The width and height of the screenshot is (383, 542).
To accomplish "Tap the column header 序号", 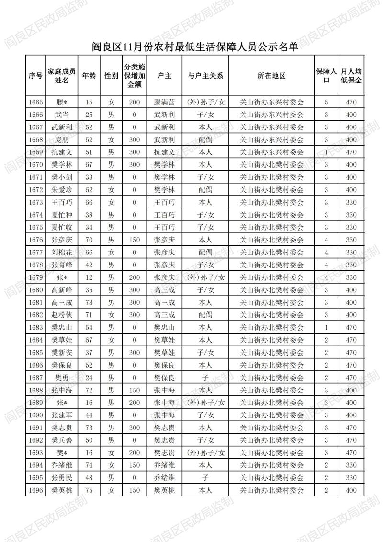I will [x=35, y=76].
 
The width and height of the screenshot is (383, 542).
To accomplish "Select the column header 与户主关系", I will [x=205, y=76].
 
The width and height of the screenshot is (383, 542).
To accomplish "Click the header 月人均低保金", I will [x=351, y=76].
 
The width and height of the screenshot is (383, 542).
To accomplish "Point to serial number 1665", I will [x=35, y=102].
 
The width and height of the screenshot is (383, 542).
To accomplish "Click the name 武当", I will [x=62, y=115].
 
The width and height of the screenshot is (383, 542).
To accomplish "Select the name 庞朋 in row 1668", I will [x=62, y=139].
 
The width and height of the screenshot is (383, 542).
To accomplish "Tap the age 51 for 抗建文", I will [x=89, y=152].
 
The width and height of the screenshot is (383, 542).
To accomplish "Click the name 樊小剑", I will [x=62, y=177].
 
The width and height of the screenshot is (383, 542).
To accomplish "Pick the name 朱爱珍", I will [x=62, y=190].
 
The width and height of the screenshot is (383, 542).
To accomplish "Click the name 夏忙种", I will [x=62, y=215].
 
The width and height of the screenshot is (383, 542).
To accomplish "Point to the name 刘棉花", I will [x=62, y=252].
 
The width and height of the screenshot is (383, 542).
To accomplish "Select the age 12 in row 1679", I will [x=89, y=277].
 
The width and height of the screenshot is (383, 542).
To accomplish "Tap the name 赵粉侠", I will [x=62, y=315].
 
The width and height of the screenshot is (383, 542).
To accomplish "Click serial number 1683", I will [x=35, y=327].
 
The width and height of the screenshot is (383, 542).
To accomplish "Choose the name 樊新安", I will [x=62, y=353].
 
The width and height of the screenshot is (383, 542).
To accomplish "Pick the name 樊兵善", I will [x=62, y=440].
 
